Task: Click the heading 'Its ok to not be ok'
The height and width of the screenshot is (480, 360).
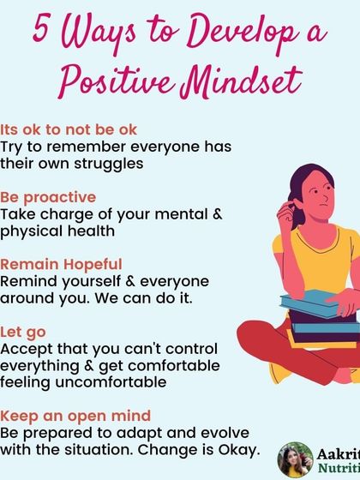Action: [69, 129]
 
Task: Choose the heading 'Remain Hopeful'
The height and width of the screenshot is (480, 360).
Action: [61, 264]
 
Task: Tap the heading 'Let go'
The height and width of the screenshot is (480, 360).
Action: [23, 330]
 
